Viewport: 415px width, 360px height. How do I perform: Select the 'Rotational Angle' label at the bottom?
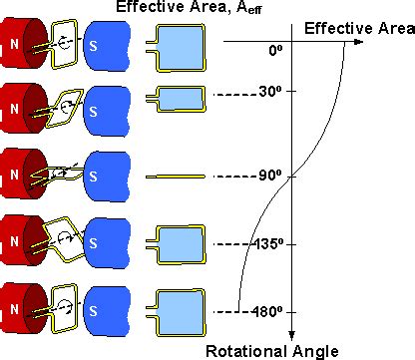pyautogui.click(x=271, y=350)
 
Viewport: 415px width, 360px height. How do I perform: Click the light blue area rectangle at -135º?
pyautogui.click(x=181, y=242)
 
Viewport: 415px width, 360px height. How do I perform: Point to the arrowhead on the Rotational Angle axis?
pyautogui.click(x=291, y=336)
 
